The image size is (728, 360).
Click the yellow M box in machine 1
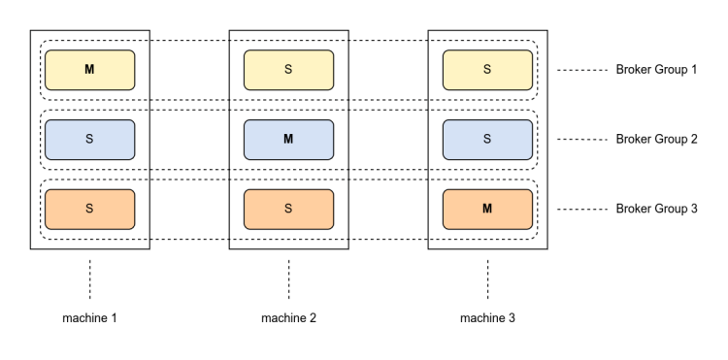(x=90, y=70)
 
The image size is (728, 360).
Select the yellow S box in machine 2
(x=289, y=70)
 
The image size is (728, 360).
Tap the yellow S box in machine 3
(x=487, y=70)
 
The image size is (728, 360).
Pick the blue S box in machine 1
(x=90, y=140)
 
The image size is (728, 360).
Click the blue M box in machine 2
(x=289, y=140)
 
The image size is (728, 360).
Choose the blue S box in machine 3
(x=487, y=140)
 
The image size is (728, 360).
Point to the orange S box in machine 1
(x=90, y=210)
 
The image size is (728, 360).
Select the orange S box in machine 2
(x=289, y=210)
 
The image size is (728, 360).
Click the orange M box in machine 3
(x=487, y=210)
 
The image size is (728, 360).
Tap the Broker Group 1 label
(x=656, y=70)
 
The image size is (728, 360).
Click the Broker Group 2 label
(x=656, y=139)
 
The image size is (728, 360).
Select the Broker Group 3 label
(x=656, y=209)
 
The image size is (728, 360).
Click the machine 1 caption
(x=89, y=318)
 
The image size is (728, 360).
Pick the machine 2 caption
(x=289, y=318)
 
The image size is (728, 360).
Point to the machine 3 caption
(x=487, y=318)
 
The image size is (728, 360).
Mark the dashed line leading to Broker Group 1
(x=582, y=70)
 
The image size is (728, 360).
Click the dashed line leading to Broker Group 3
(x=582, y=210)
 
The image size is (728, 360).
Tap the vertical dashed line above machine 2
(x=289, y=279)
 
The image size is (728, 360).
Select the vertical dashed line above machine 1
(x=90, y=279)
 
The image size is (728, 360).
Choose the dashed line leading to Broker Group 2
(x=582, y=140)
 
